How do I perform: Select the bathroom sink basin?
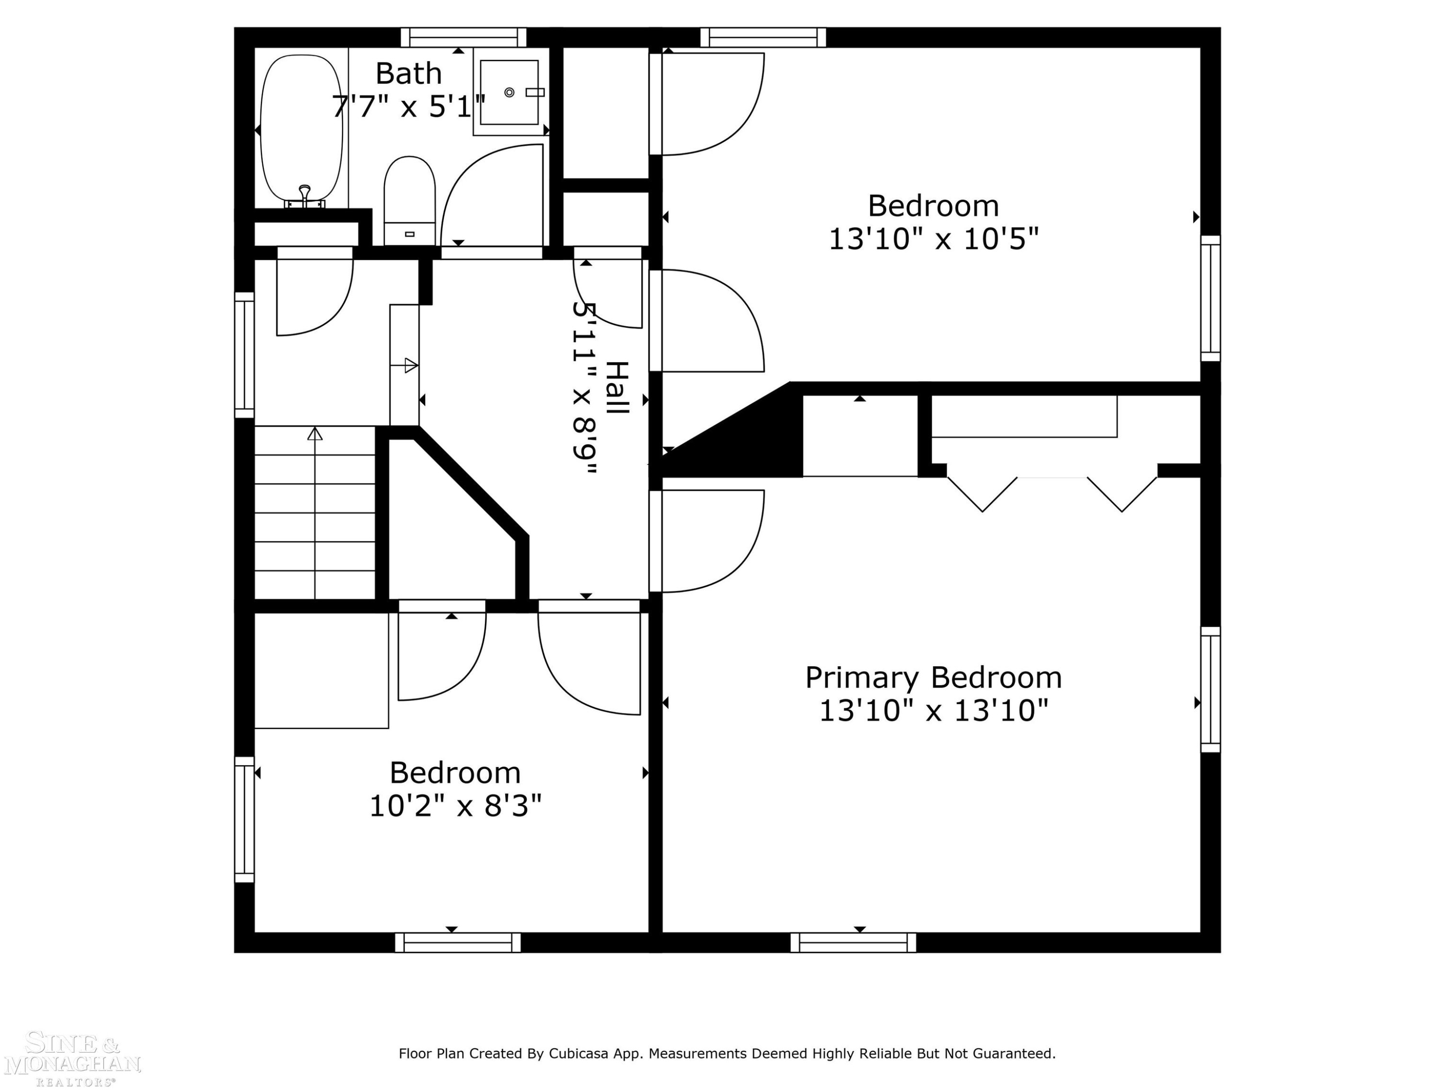(x=509, y=92)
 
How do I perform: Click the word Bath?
(x=408, y=73)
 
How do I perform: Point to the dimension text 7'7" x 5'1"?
(x=408, y=107)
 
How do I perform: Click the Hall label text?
(x=617, y=388)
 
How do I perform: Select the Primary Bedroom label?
(x=934, y=678)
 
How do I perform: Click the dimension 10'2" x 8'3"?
(x=455, y=806)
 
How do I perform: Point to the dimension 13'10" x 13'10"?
(x=934, y=711)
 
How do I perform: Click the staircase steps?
(x=314, y=513)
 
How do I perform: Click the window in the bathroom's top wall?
(x=464, y=37)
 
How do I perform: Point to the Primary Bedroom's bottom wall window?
(x=853, y=942)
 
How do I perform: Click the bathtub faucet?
(x=305, y=196)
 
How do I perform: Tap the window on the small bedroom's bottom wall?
(x=458, y=942)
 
